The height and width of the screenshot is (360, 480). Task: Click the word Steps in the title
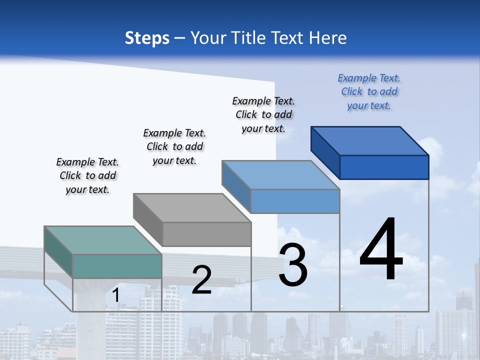(x=147, y=38)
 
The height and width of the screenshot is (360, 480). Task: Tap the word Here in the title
(x=328, y=38)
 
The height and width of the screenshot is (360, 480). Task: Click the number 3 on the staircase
(x=293, y=265)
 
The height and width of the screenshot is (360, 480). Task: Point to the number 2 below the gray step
(x=201, y=279)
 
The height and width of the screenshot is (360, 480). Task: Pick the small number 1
(x=115, y=295)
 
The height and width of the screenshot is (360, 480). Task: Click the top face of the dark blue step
(x=370, y=141)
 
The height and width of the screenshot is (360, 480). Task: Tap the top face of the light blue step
(x=281, y=175)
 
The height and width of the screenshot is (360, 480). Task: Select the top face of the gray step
(x=192, y=208)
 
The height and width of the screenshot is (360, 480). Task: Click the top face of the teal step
(x=103, y=240)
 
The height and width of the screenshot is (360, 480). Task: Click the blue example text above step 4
(x=369, y=91)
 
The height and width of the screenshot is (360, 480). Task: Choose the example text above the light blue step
(x=263, y=114)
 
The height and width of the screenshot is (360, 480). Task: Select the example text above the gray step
(x=174, y=146)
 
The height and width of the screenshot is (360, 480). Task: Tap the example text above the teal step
(x=87, y=175)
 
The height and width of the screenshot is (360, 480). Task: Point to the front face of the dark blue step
(x=384, y=167)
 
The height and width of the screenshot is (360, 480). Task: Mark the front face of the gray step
(x=207, y=234)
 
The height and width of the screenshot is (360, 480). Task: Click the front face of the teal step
(x=117, y=266)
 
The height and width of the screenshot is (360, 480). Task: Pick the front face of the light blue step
(x=295, y=201)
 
